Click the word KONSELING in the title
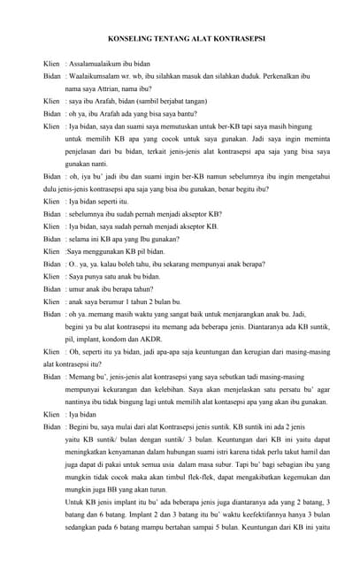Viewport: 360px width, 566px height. point(129,39)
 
